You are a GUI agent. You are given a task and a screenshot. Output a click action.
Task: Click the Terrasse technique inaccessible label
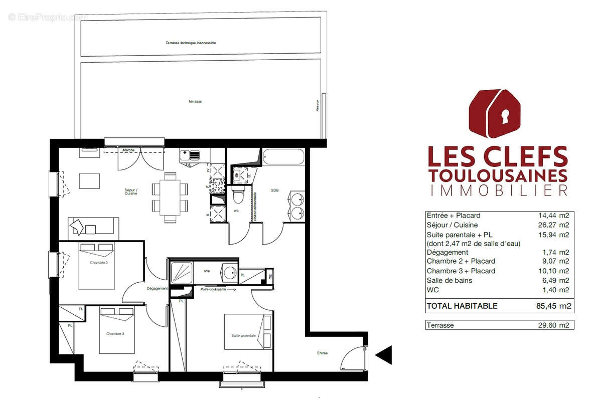[x=191, y=43]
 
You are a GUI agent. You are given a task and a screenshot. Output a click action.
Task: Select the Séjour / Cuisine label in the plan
[x=131, y=192]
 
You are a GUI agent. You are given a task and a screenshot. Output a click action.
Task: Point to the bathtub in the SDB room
[x=283, y=157]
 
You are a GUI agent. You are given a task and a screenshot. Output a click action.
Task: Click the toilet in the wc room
[x=239, y=196]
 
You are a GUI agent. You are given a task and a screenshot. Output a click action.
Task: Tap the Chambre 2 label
[x=99, y=262]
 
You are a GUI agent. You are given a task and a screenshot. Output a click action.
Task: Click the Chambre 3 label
[x=115, y=333]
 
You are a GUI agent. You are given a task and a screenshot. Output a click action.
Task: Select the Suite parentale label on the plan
[x=244, y=335]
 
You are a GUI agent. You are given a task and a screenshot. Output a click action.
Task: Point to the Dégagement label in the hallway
[x=157, y=288]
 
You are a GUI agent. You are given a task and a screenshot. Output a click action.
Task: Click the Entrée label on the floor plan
[x=322, y=353]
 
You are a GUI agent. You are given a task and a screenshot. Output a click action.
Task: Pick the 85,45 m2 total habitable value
[x=552, y=306]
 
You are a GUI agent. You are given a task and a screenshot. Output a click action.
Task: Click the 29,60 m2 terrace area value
[x=554, y=325]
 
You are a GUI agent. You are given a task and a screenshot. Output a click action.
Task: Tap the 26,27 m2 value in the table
[x=554, y=225]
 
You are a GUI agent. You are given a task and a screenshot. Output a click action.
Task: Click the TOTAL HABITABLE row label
[x=462, y=306]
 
